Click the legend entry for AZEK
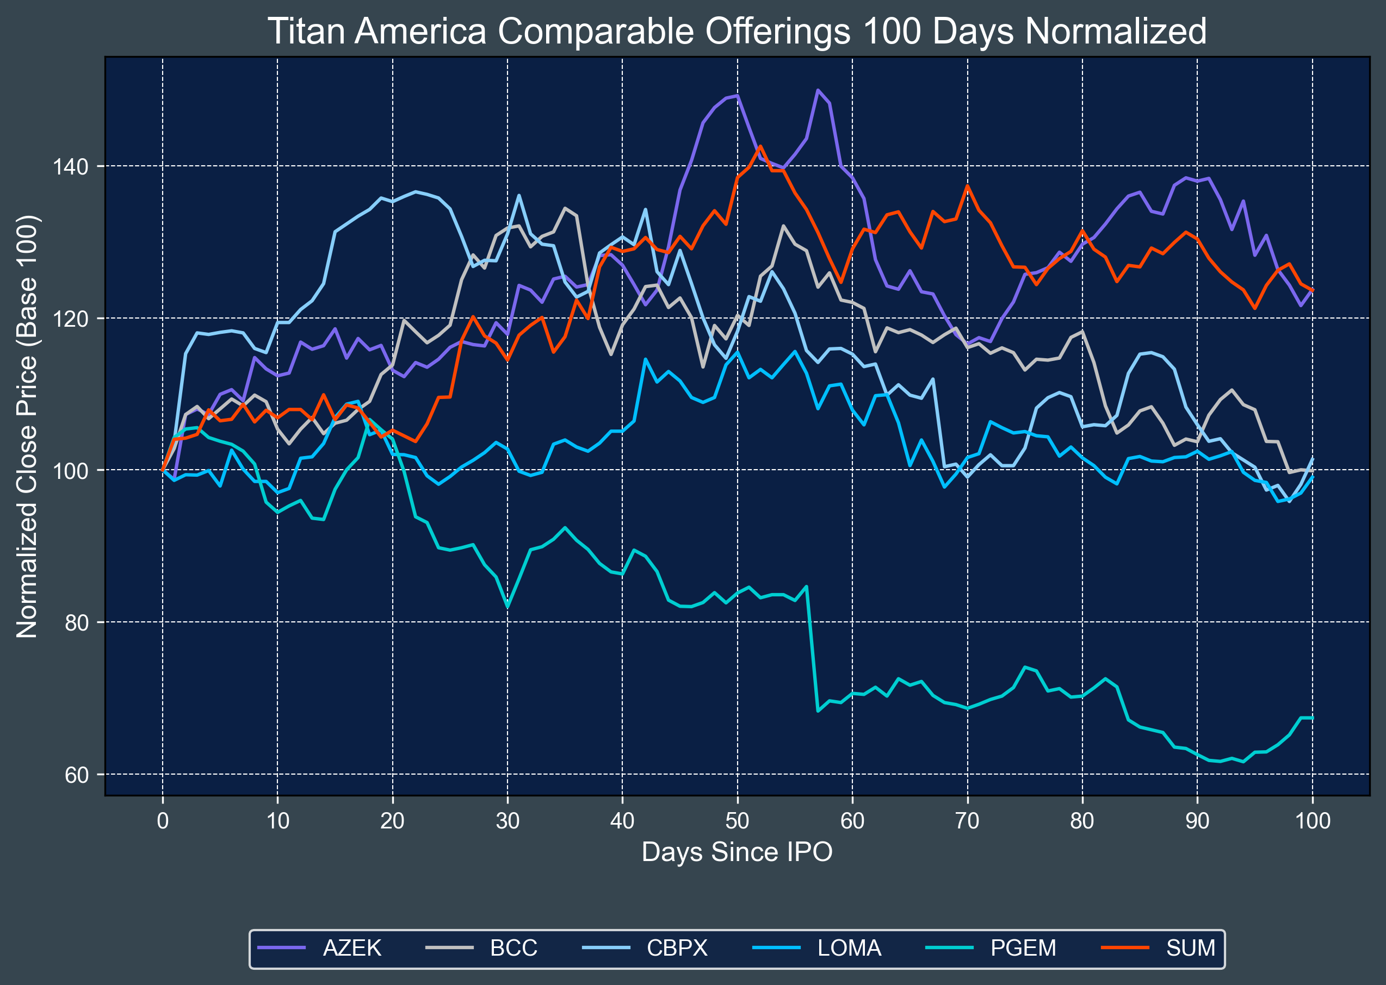pyautogui.click(x=351, y=948)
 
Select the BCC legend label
pyautogui.click(x=513, y=948)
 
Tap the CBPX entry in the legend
pyautogui.click(x=677, y=948)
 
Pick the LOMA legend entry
pyautogui.click(x=849, y=948)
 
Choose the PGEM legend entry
pyautogui.click(x=1023, y=948)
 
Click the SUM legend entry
pyautogui.click(x=1191, y=948)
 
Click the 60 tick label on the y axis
pyautogui.click(x=77, y=775)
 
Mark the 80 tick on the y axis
pyautogui.click(x=77, y=623)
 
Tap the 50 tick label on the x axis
pyautogui.click(x=737, y=821)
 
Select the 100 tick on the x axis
pyautogui.click(x=1313, y=821)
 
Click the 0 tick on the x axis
pyautogui.click(x=163, y=821)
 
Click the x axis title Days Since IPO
pyautogui.click(x=737, y=852)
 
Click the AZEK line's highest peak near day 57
pyautogui.click(x=818, y=90)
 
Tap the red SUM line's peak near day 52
pyautogui.click(x=760, y=146)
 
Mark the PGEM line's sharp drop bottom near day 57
pyautogui.click(x=818, y=711)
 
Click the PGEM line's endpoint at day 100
pyautogui.click(x=1313, y=718)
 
